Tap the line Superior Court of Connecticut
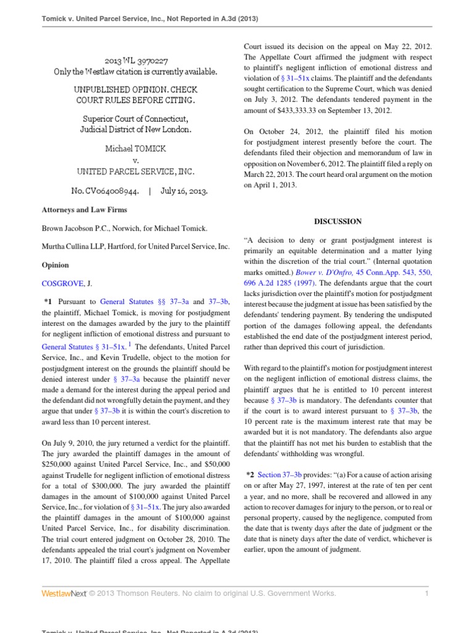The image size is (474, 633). click(x=136, y=119)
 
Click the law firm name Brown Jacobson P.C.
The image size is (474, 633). click(x=80, y=228)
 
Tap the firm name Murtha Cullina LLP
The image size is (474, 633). click(x=80, y=247)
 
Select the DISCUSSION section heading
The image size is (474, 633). click(x=338, y=221)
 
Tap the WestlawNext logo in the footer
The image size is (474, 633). click(x=63, y=593)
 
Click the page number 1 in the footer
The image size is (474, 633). click(x=426, y=593)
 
